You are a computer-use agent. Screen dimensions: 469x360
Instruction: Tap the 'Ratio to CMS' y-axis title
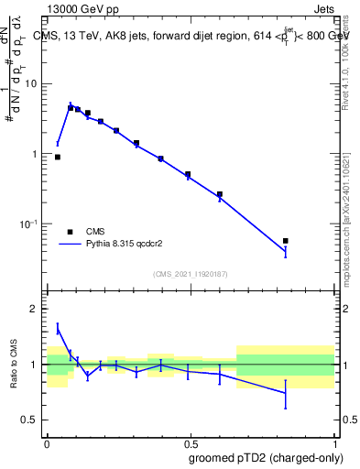[15, 365]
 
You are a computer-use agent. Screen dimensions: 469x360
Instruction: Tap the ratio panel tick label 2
[36, 310]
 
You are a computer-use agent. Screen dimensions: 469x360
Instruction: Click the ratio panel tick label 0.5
[32, 420]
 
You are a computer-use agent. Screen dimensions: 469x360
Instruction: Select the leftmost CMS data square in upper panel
[58, 157]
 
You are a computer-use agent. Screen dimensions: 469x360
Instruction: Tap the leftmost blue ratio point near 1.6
[58, 327]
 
